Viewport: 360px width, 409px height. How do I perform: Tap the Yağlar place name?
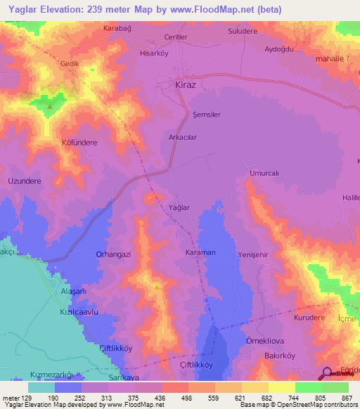pos(179,207)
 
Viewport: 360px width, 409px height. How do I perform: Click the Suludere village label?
pos(244,32)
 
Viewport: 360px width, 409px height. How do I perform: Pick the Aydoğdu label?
pos(278,49)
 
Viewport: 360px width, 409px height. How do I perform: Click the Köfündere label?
pos(79,143)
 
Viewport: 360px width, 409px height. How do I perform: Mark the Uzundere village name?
pos(25,181)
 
